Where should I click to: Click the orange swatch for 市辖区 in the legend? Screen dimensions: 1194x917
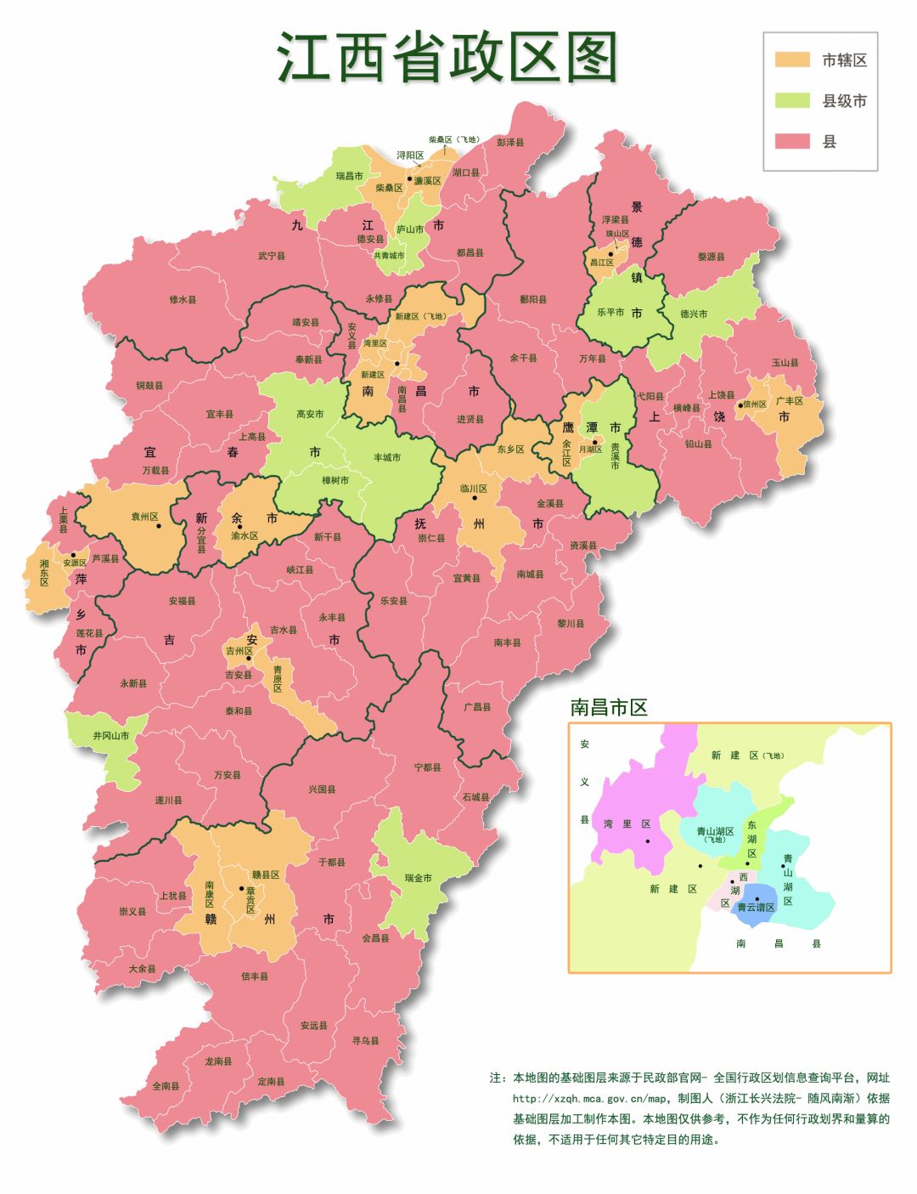791,60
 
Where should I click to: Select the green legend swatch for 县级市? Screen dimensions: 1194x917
791,100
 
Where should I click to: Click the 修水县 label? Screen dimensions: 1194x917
183,300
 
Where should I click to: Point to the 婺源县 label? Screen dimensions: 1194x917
711,257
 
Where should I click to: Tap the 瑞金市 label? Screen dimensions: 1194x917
418,878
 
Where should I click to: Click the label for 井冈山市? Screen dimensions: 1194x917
111,736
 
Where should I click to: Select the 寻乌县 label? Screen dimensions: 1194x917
366,1041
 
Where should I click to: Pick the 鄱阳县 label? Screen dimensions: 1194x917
533,299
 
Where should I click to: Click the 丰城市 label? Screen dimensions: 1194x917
387,457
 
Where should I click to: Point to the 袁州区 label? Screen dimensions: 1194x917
144,517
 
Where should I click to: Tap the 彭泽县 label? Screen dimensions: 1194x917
510,142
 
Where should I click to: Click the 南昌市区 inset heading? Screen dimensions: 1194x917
608,708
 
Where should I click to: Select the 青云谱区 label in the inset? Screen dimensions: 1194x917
755,908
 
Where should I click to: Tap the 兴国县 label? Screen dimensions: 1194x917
322,789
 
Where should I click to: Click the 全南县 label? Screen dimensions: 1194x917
166,1086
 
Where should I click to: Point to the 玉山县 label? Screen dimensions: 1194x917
785,363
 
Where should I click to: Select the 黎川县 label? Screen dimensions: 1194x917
571,624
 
